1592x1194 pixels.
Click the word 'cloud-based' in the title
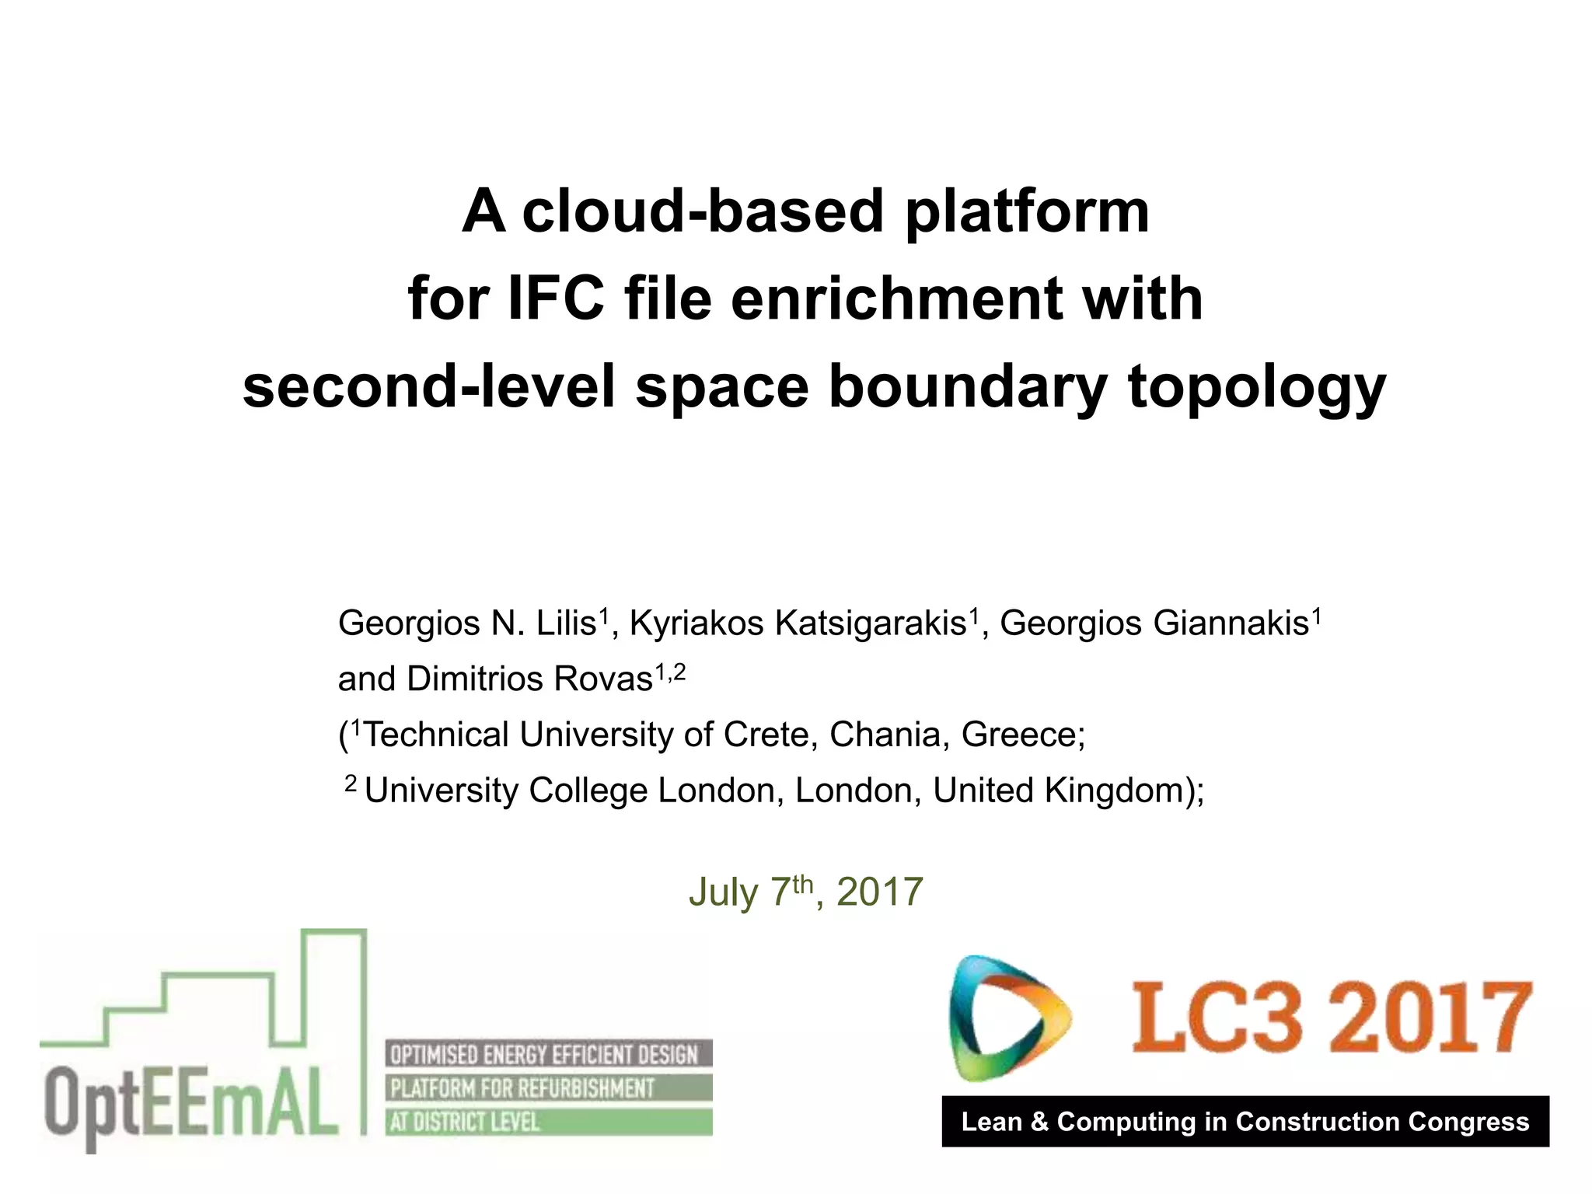click(x=703, y=211)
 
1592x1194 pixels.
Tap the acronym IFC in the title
click(x=556, y=298)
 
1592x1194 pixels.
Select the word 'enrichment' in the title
click(x=896, y=298)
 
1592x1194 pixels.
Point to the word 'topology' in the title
click(x=1257, y=388)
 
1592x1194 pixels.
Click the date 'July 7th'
click(x=750, y=892)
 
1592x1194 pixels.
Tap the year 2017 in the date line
click(x=879, y=892)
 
